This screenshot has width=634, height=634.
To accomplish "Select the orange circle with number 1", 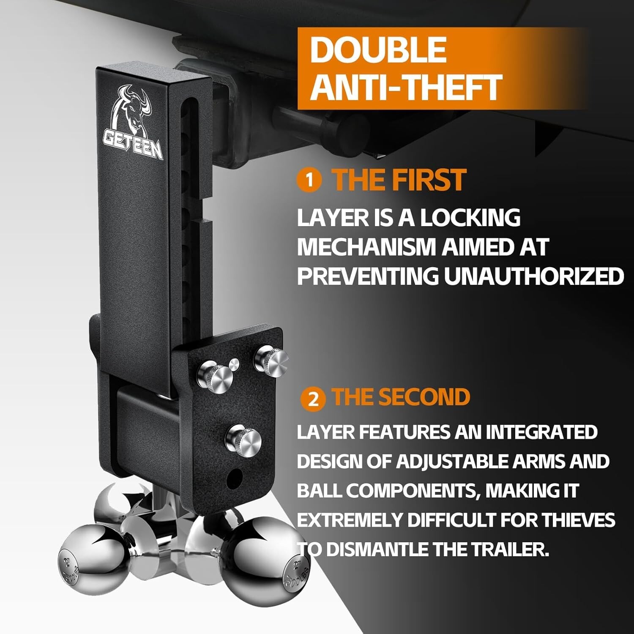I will [309, 180].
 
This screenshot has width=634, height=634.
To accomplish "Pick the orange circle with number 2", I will [313, 399].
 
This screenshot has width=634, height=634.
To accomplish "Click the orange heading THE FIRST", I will [399, 180].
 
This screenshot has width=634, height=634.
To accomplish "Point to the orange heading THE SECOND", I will [401, 397].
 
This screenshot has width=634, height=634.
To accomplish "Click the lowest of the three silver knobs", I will [244, 440].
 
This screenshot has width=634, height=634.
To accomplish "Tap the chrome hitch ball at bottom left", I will [93, 559].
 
